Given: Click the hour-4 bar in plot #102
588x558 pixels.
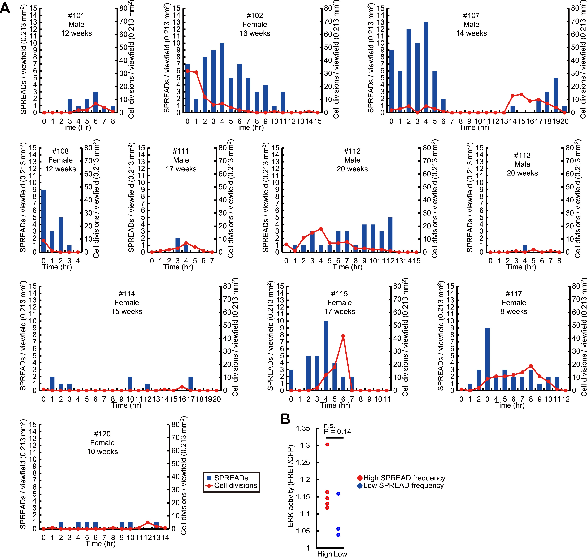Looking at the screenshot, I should (x=222, y=78).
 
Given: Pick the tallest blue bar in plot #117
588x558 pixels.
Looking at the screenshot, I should (x=487, y=359).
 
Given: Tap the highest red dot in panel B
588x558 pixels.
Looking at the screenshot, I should (x=327, y=444).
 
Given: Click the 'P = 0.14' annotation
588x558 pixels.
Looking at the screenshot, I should (x=337, y=432).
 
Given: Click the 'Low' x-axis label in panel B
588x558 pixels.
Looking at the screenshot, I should (x=340, y=554).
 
